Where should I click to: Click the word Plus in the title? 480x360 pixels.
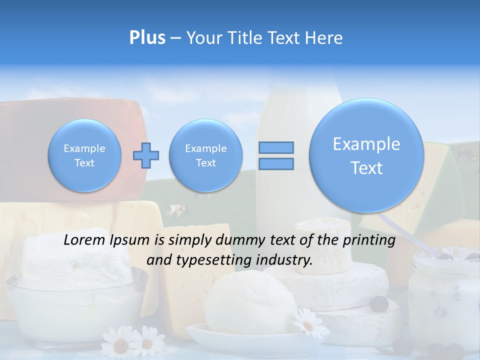tap(147, 37)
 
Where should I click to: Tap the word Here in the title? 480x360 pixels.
tap(324, 37)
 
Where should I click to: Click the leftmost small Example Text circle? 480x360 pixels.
tap(84, 155)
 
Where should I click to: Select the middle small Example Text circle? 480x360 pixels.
tap(206, 155)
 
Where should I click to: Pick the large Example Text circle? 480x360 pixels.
tap(366, 155)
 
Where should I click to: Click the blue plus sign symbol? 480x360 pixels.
tap(145, 155)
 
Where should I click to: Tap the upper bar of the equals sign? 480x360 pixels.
tap(275, 147)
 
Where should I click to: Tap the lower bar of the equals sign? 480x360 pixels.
tap(275, 163)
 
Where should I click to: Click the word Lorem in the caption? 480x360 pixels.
tap(85, 240)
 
